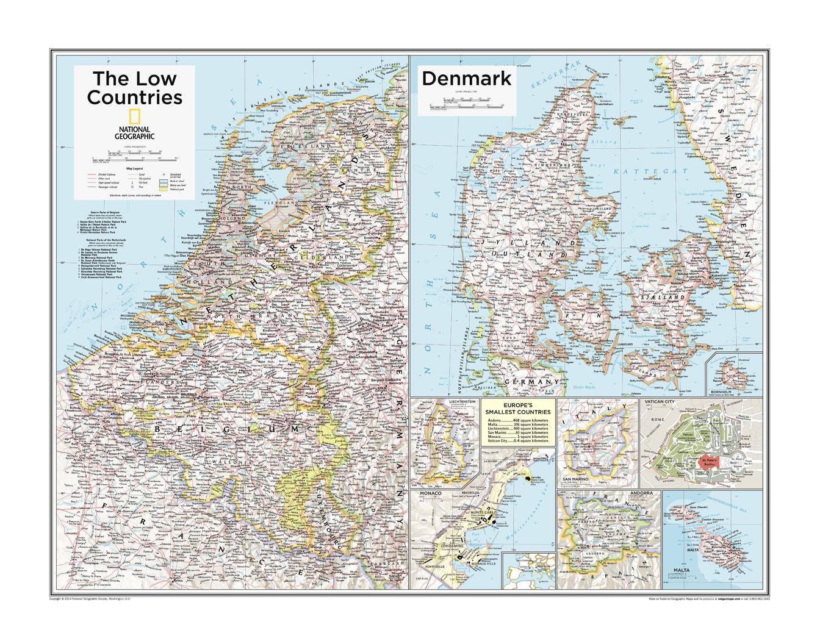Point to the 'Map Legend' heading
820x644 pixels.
coord(134,168)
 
